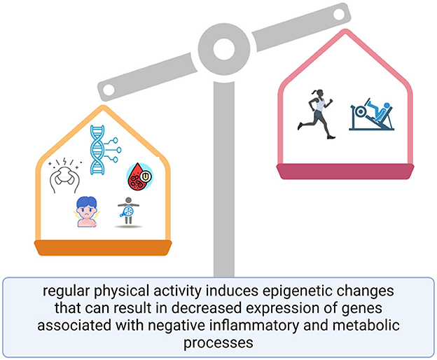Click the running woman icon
[x=317, y=113]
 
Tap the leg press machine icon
[x=371, y=114]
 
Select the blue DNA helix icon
[x=105, y=150]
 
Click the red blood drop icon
[x=140, y=176]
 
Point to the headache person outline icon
[x=64, y=176]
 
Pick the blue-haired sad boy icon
[x=87, y=212]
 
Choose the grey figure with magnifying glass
[x=128, y=211]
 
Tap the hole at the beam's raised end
[x=339, y=15]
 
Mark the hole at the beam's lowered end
[x=109, y=90]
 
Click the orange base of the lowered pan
[x=103, y=247]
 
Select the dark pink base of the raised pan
[x=345, y=172]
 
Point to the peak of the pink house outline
[x=345, y=31]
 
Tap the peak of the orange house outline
[x=104, y=107]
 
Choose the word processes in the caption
[x=218, y=342]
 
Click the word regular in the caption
[x=66, y=291]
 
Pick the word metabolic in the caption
[x=364, y=325]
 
